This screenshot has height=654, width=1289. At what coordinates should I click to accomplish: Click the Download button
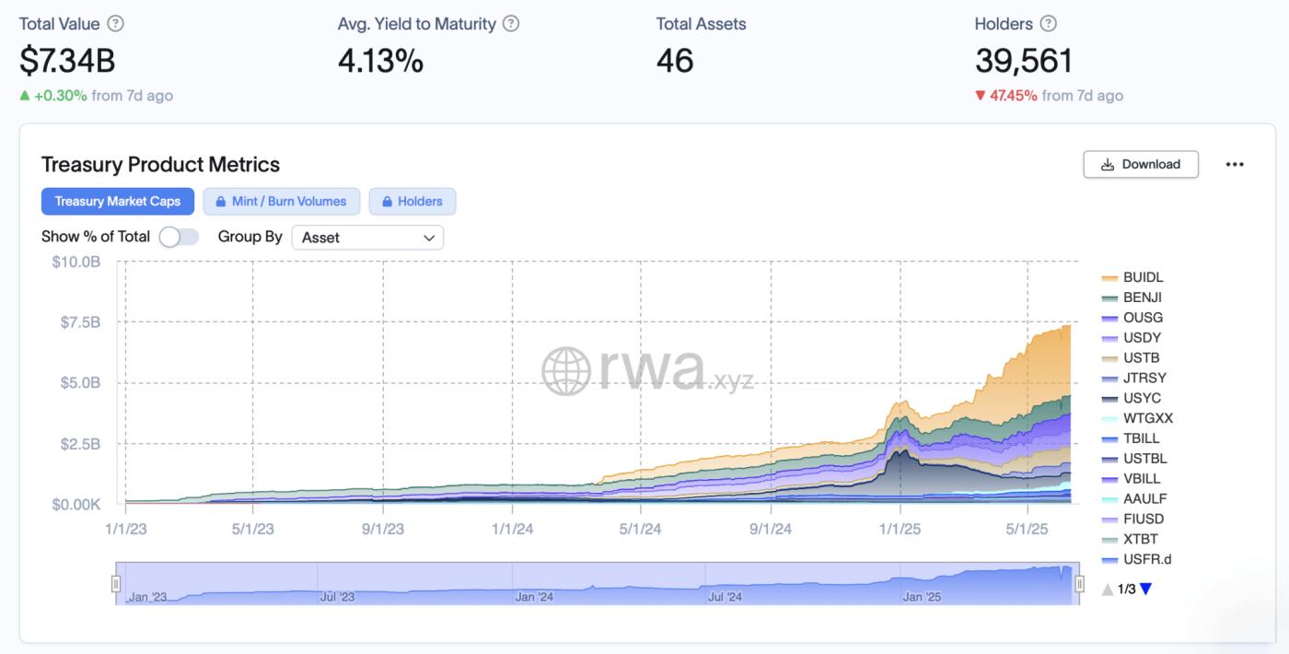pyautogui.click(x=1141, y=164)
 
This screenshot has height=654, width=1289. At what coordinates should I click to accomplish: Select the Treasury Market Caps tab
pyautogui.click(x=118, y=201)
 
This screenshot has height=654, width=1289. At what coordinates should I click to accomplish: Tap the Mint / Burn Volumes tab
pyautogui.click(x=281, y=201)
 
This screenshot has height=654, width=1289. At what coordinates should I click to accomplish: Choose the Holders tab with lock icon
pyautogui.click(x=412, y=201)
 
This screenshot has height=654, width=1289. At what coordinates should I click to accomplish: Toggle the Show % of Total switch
pyautogui.click(x=179, y=237)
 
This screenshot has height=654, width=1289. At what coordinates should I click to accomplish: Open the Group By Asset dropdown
pyautogui.click(x=367, y=237)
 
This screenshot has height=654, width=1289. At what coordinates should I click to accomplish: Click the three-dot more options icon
pyautogui.click(x=1235, y=164)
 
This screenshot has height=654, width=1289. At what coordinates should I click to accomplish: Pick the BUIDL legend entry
pyautogui.click(x=1143, y=277)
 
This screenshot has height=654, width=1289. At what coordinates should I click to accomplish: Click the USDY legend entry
pyautogui.click(x=1142, y=338)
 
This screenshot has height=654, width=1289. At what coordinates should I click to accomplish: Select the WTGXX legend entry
pyautogui.click(x=1147, y=418)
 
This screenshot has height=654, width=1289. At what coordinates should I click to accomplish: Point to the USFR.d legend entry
pyautogui.click(x=1146, y=559)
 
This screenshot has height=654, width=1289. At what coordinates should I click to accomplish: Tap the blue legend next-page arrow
pyautogui.click(x=1145, y=590)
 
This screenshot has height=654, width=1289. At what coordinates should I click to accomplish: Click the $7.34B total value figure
pyautogui.click(x=67, y=61)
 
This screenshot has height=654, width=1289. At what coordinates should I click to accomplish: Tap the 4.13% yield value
pyautogui.click(x=380, y=61)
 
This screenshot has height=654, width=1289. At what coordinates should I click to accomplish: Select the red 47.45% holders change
pyautogui.click(x=1013, y=95)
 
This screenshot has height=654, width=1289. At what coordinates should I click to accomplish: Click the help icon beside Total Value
pyautogui.click(x=115, y=24)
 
